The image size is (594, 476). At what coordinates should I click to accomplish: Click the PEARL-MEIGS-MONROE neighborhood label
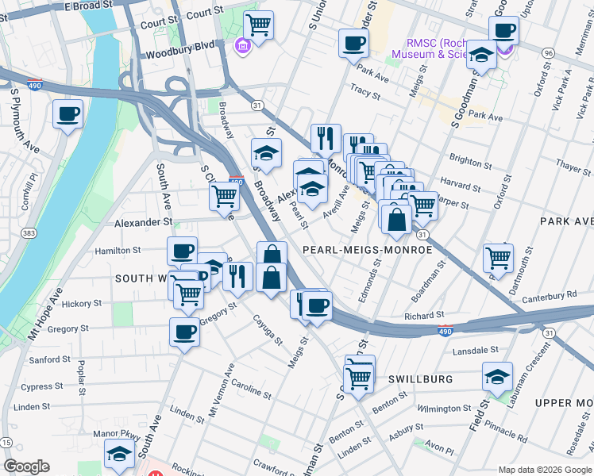(367, 249)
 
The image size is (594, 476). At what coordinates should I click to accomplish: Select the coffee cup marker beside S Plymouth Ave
(67, 114)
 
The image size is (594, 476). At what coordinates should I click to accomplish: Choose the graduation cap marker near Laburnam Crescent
(497, 377)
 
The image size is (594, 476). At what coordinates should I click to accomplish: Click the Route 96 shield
(547, 52)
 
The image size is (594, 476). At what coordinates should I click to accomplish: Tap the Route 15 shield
(6, 442)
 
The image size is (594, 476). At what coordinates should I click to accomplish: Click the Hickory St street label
(82, 303)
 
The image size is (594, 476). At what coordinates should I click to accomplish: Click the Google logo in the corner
(26, 466)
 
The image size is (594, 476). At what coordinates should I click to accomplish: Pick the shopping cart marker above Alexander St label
(225, 195)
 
